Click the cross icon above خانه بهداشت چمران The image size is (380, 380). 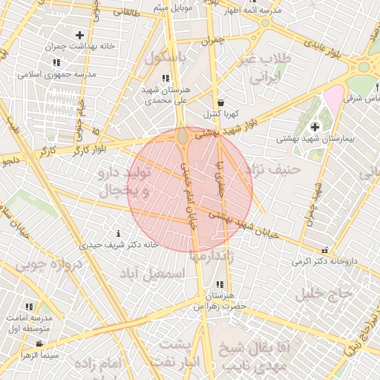point(79,35)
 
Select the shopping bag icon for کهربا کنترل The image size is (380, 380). point(220,103)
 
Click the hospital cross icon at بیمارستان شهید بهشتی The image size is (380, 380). point(315,127)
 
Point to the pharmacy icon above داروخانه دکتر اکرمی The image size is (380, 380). point(324,250)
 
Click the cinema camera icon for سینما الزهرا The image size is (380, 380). point(38,344)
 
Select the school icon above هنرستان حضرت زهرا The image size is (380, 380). point(219,284)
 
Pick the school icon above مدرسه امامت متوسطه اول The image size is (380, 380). point(28,306)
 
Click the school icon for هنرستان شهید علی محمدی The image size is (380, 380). point(166,78)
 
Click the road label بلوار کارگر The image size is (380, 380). point(89,147)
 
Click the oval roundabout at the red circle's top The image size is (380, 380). point(183,137)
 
